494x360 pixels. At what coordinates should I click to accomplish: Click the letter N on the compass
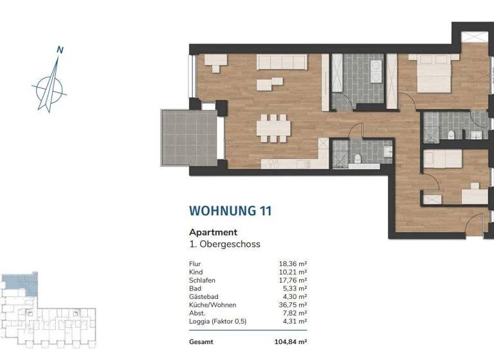[60, 50]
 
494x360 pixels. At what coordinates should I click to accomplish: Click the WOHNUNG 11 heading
[230, 210]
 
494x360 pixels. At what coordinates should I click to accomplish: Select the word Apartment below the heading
[213, 232]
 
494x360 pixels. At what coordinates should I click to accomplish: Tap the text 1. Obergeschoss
[224, 244]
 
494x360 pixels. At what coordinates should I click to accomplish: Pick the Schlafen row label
[202, 280]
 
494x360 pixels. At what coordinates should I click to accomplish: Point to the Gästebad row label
[203, 297]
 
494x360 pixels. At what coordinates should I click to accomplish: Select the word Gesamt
[202, 343]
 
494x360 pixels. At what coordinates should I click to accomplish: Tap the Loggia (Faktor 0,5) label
[217, 321]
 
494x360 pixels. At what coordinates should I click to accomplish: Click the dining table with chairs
[273, 128]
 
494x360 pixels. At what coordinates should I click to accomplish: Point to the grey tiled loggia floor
[188, 139]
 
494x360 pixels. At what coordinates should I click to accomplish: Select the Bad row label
[194, 289]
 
